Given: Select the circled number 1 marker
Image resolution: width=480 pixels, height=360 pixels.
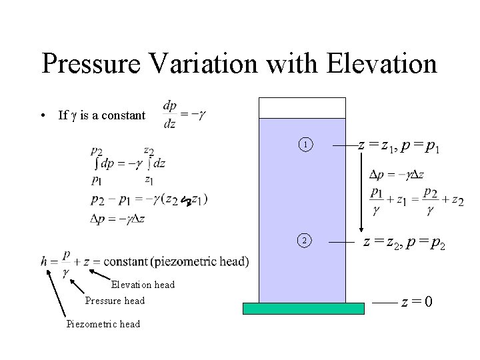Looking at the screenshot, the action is [304, 144].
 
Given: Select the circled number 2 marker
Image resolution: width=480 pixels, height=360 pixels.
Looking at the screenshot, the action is [304, 240].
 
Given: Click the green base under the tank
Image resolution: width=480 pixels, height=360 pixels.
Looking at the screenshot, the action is [303, 308].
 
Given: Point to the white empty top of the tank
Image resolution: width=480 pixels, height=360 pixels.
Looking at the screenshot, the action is [302, 107].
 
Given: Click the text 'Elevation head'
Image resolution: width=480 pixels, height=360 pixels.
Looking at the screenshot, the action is [143, 285].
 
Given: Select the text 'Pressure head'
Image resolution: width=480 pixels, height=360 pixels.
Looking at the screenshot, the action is [115, 301].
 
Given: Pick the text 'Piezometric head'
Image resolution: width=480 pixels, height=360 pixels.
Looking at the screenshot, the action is [103, 324].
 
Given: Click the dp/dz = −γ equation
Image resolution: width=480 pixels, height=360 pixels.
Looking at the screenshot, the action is [183, 115].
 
